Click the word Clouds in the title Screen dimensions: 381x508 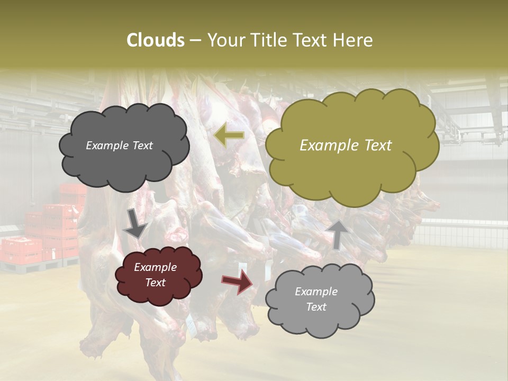[x=155, y=40]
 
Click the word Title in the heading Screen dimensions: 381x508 [x=268, y=40]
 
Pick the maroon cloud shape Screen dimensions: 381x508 [x=157, y=275]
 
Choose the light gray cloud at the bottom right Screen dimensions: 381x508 [x=319, y=300]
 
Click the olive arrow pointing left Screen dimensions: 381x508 [x=229, y=136]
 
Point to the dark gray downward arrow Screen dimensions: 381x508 [x=135, y=225]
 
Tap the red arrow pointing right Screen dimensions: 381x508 [x=238, y=282]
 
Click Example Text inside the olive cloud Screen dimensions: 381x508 [x=346, y=146]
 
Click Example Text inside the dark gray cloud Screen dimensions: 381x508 [x=119, y=146]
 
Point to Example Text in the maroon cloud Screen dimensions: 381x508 [x=156, y=275]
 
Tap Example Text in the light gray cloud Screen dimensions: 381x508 [x=316, y=299]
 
